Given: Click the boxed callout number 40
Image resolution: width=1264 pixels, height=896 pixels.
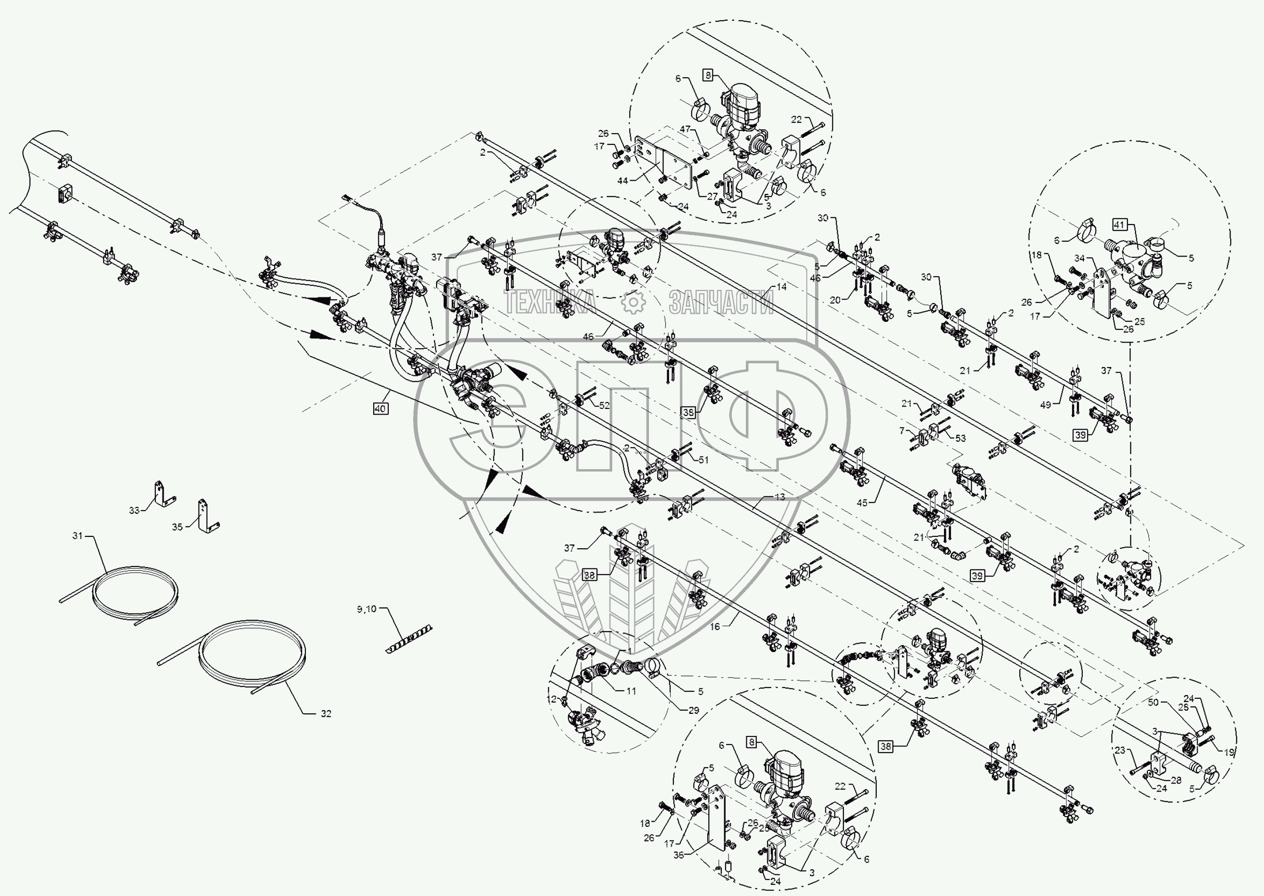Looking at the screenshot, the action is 380,409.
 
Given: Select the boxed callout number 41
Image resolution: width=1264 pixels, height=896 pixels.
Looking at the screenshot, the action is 1120,225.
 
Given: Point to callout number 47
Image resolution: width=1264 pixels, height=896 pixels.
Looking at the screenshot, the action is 685,129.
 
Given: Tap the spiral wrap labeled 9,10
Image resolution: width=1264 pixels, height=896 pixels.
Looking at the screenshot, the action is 409,639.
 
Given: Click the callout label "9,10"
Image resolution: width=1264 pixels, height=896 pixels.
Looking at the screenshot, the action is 366,609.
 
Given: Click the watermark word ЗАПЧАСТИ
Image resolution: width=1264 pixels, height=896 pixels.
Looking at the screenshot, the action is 721,302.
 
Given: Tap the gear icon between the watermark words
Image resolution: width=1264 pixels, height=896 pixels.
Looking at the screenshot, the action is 633,302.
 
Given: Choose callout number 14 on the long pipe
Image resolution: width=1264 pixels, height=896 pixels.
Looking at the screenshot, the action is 781,287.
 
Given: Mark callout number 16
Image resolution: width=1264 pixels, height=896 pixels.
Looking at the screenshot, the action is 715,627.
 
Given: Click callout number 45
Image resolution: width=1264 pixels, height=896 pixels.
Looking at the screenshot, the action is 862,503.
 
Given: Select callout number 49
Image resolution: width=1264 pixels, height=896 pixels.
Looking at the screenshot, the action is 1046,405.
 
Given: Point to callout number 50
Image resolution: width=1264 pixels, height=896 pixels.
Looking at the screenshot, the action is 1153,702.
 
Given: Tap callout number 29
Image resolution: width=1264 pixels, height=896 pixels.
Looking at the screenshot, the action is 694,710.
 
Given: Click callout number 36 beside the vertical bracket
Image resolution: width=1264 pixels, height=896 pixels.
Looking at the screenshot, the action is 679,855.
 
